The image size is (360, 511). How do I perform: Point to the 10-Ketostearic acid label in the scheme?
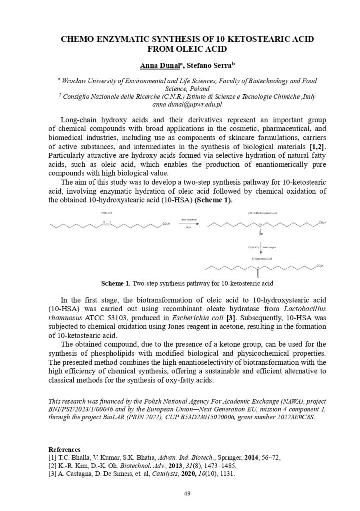pyautogui.click(x=261, y=259)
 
